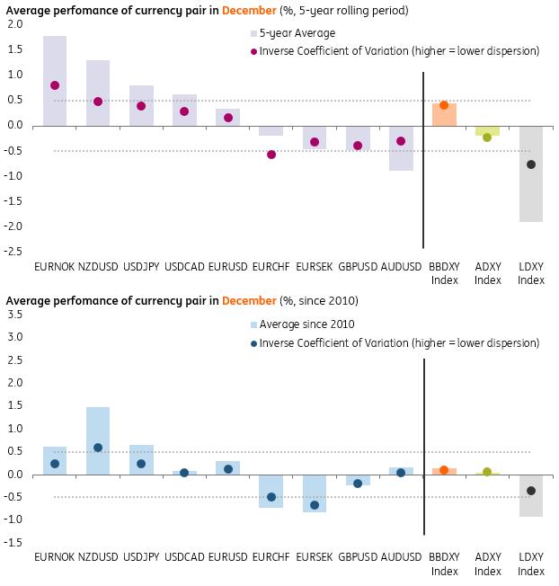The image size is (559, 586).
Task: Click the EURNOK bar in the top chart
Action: click(55, 81)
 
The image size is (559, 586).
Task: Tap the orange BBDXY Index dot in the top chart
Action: click(444, 105)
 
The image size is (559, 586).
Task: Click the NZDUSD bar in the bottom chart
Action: click(98, 440)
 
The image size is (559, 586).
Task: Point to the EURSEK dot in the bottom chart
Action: click(315, 505)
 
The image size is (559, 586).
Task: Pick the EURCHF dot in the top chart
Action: click(271, 155)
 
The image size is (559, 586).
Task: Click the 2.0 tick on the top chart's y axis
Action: click(14, 24)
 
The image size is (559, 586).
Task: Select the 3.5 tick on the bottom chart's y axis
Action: click(14, 315)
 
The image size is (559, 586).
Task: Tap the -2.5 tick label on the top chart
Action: click(13, 251)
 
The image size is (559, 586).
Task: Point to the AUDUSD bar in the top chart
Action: click(401, 148)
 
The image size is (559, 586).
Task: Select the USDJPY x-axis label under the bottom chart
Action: click(141, 558)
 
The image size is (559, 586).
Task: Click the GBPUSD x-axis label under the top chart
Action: click(358, 267)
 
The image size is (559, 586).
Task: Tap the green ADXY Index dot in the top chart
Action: click(487, 138)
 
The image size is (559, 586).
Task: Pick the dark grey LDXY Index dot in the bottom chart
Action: click(531, 491)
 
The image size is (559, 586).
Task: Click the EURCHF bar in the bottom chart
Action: click(271, 492)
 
